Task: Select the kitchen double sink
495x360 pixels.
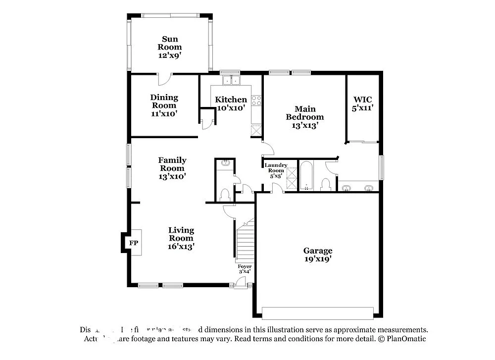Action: (231, 81)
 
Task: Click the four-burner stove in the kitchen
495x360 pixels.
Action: (256, 101)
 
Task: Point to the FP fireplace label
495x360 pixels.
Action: (133, 243)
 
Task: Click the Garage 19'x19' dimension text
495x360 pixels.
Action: (317, 258)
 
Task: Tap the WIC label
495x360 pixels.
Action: (362, 100)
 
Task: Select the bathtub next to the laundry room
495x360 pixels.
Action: (306, 176)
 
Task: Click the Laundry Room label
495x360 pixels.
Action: (276, 168)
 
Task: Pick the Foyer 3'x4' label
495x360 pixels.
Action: (244, 268)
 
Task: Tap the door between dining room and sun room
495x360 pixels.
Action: (164, 79)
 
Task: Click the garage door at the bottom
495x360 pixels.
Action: (317, 313)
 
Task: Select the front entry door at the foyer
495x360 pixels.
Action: (241, 283)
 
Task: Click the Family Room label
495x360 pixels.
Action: (172, 160)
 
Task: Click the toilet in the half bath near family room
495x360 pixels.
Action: (225, 195)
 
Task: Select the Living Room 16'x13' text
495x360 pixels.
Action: (181, 246)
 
